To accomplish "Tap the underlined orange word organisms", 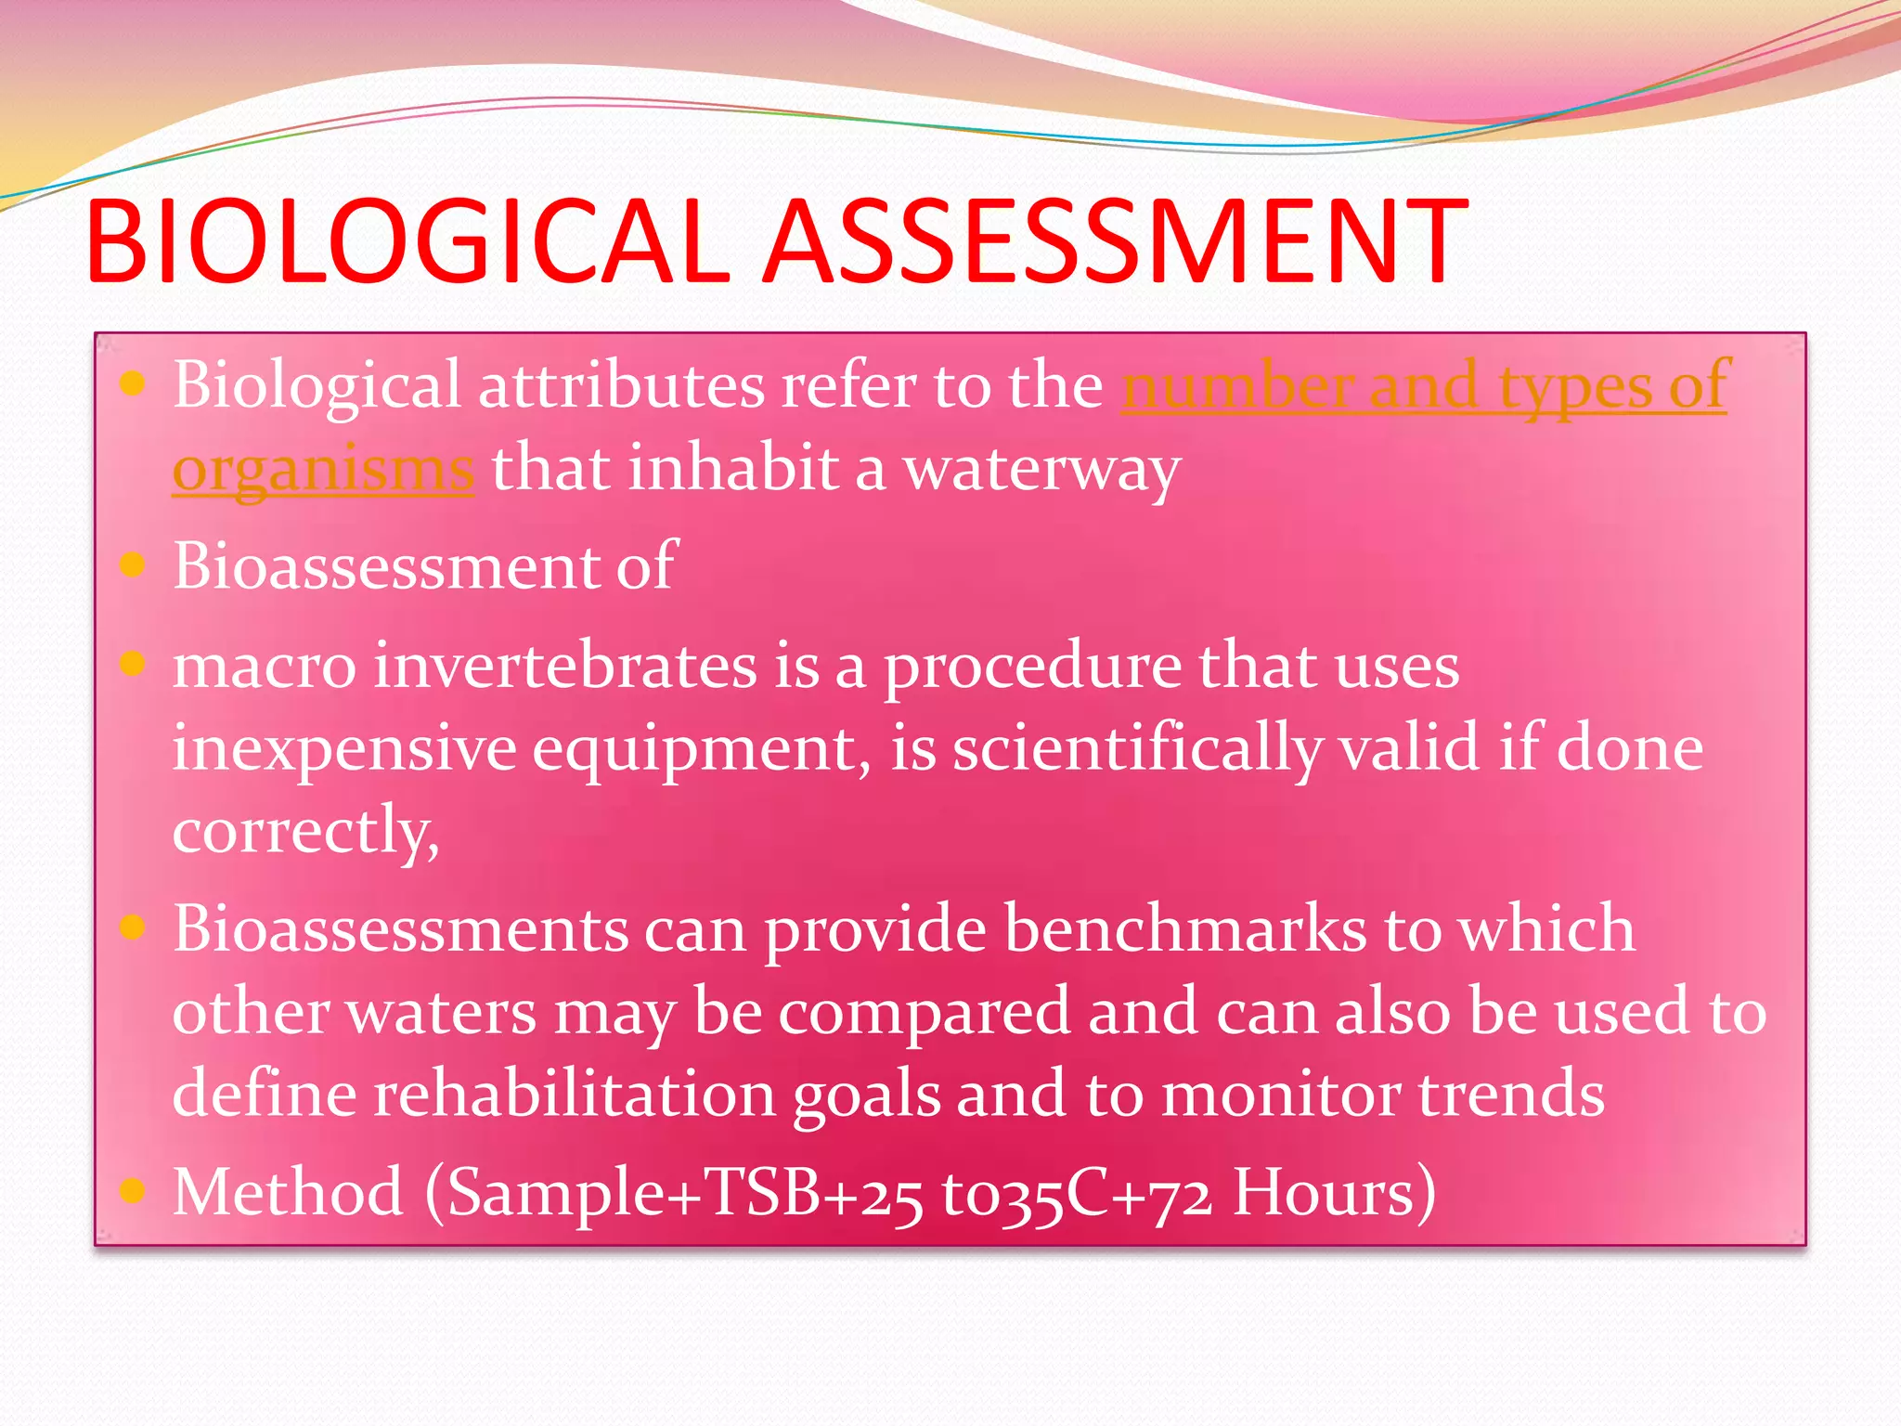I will point(323,470).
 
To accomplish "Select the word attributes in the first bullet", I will point(620,386).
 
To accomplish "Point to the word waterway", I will point(1041,470).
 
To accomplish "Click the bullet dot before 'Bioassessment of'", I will point(134,564).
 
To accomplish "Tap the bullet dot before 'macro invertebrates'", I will point(134,664).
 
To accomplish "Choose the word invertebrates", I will point(565,667).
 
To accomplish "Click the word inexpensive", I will point(344,750).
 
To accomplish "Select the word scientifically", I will point(1137,750).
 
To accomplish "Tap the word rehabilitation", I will point(575,1095).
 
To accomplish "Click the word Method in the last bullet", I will point(288,1192).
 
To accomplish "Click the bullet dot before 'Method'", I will point(134,1189).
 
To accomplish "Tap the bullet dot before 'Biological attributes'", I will point(134,382).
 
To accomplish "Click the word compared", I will point(924,1013).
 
